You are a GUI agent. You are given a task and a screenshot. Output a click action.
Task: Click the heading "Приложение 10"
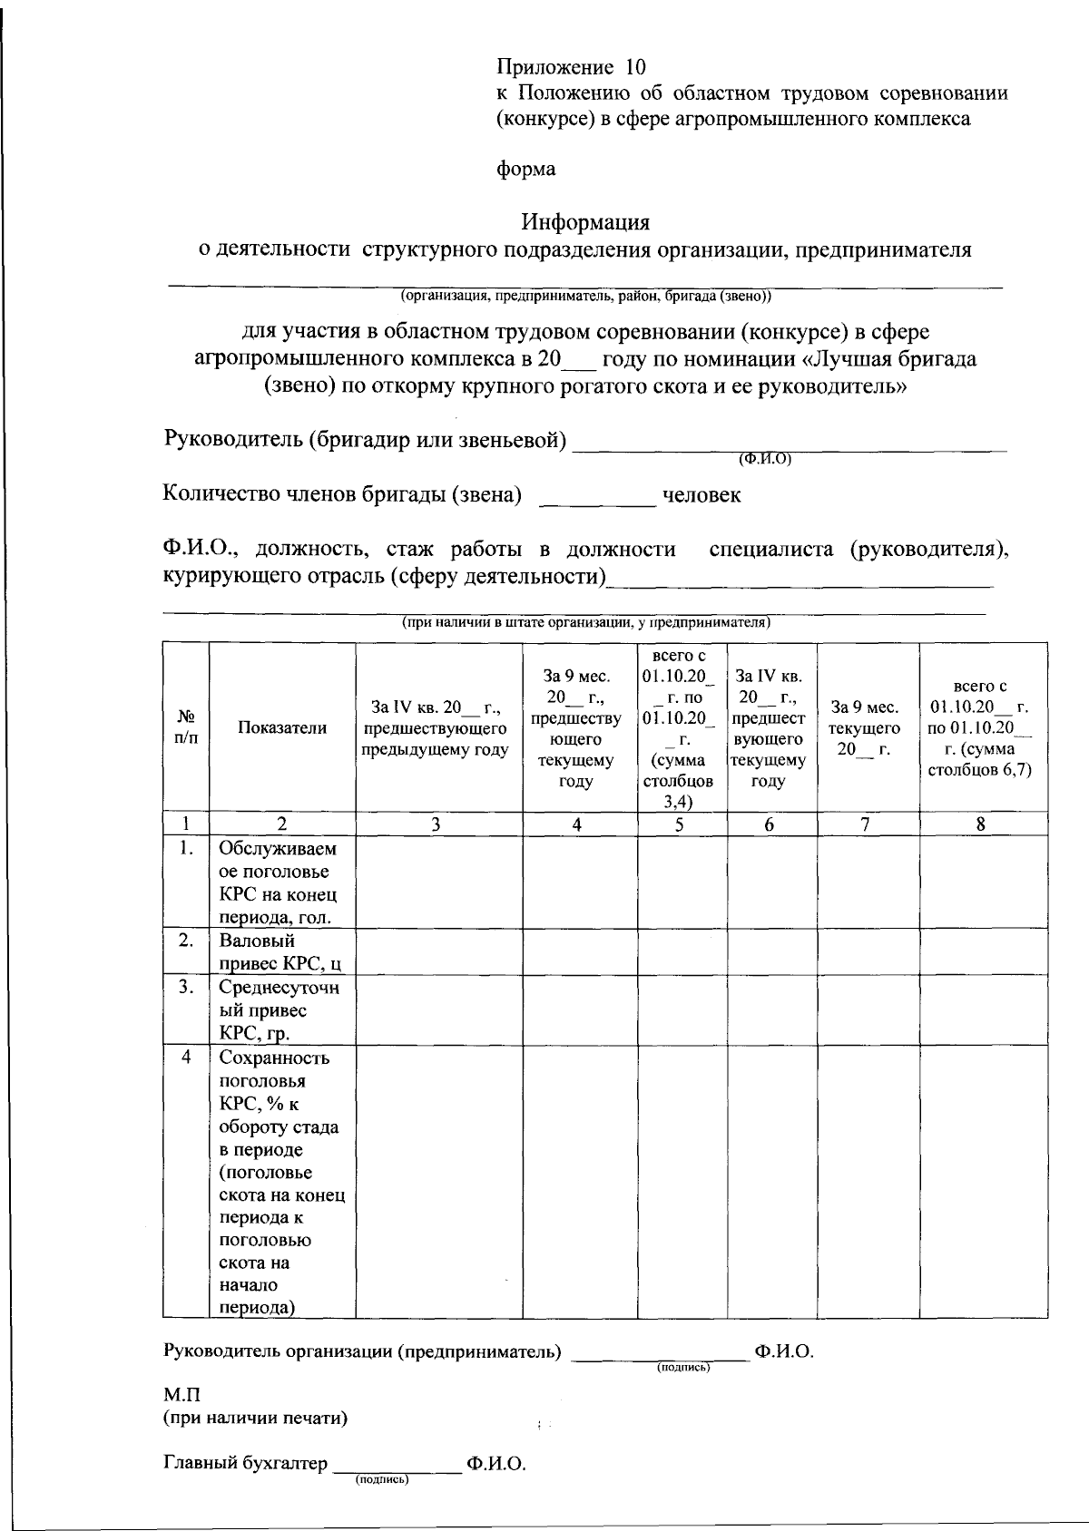572,67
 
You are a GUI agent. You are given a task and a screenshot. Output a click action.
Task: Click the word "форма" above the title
526,170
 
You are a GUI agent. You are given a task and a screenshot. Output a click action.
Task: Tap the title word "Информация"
585,222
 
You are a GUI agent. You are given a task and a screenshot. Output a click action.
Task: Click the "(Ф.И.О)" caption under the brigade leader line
766,459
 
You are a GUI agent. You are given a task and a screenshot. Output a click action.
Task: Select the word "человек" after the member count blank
701,495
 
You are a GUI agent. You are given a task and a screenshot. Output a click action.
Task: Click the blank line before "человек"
597,499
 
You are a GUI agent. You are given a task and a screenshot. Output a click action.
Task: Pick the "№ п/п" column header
185,726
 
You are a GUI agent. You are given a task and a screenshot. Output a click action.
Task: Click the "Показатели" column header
282,727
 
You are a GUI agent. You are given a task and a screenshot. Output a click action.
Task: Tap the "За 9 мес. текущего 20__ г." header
868,727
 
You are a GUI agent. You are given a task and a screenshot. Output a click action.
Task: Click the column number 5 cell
681,824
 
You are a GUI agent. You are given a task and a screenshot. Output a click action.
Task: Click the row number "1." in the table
186,849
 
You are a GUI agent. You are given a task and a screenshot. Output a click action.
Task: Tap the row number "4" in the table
186,1058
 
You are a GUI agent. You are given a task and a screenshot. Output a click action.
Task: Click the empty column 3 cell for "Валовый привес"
438,951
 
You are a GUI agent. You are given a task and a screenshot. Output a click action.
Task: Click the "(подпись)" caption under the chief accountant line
381,1480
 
